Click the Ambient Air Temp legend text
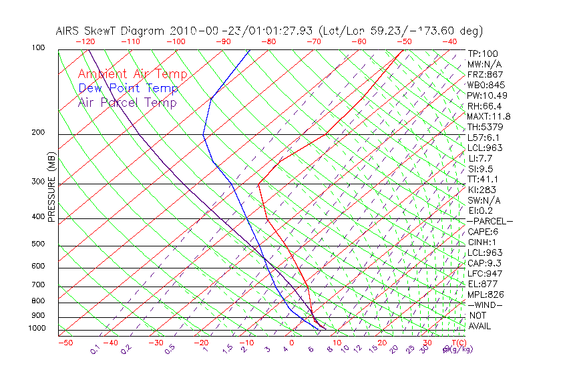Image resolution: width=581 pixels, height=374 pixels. (132, 74)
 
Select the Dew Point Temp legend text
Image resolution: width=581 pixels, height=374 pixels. (128, 88)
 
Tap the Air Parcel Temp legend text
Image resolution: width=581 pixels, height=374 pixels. (127, 102)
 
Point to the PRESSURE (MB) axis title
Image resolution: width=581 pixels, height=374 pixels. (51, 187)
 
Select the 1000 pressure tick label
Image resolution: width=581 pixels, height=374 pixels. (37, 328)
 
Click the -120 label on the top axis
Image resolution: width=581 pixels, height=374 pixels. (85, 41)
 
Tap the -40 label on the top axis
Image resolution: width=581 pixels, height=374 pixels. (450, 41)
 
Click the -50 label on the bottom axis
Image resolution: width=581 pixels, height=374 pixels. (65, 343)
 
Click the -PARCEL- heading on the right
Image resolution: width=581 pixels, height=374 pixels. (490, 221)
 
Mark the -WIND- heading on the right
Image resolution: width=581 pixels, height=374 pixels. (486, 305)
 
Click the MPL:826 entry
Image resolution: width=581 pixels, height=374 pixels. (486, 294)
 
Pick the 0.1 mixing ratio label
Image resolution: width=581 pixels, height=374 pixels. (95, 349)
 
